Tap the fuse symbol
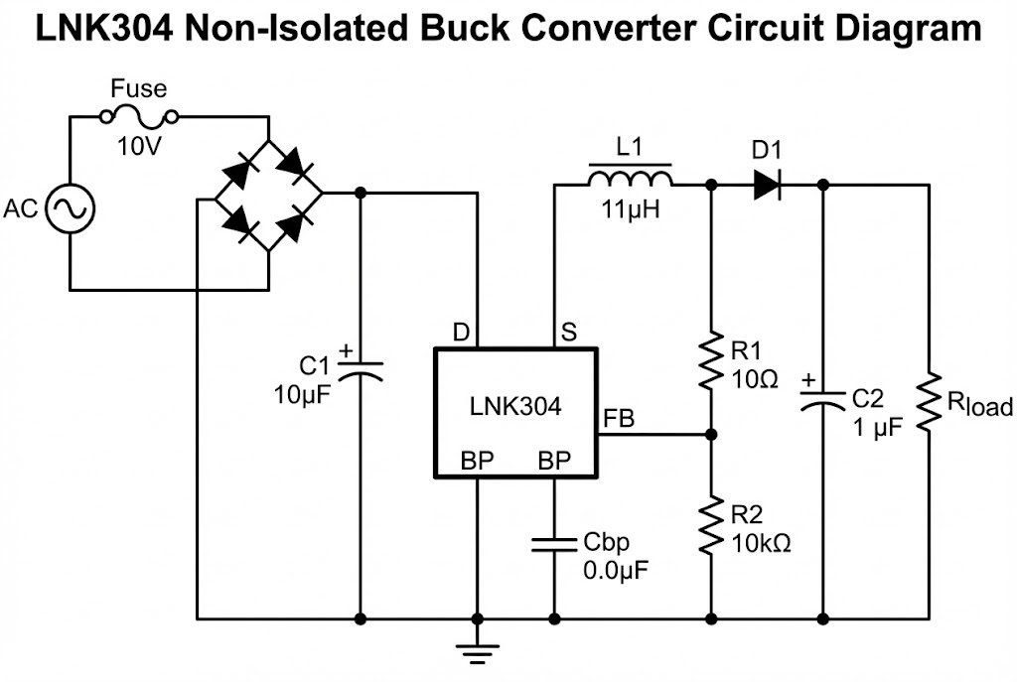tap(140, 118)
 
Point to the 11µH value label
tap(630, 210)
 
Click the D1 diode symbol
tap(767, 185)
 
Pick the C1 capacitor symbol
tap(360, 369)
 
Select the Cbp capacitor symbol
tap(554, 544)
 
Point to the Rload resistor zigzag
tap(931, 402)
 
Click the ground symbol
tap(478, 650)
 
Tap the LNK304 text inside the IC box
tap(515, 406)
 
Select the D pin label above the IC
tap(461, 332)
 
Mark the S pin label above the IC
tap(568, 332)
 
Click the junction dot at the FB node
tap(712, 435)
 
